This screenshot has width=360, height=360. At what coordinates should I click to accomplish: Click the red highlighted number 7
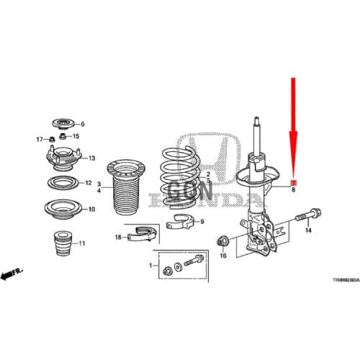pos(293,181)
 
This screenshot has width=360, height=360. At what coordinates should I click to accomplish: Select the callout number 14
pos(307,230)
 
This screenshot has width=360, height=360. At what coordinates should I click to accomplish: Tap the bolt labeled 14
pos(308,213)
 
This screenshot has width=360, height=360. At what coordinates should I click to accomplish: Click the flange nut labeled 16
pos(223,241)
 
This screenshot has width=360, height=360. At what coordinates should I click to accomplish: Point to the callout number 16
pos(223,256)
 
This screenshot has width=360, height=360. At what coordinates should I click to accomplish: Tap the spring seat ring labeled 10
pos(63,209)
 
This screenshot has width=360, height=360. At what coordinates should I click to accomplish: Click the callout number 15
pos(76,136)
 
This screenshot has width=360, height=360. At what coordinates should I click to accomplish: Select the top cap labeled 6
pos(63,123)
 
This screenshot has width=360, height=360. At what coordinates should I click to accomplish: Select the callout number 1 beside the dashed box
pos(150,266)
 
